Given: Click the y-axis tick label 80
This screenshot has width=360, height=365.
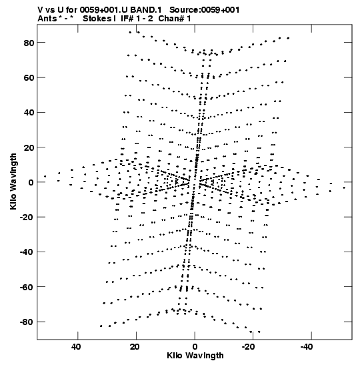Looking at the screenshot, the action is tap(29, 43).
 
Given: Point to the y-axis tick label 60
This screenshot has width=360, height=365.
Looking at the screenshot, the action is tap(29, 78).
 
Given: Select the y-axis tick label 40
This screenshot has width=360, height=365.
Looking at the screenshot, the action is tap(29, 113).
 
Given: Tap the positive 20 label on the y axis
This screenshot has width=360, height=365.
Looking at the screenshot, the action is tap(29, 147).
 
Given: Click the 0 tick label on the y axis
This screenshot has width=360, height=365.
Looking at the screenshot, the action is tap(31, 183).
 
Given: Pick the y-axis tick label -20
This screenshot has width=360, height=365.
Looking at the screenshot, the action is tap(27, 218).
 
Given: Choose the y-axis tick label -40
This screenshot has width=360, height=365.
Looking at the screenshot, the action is tap(27, 252).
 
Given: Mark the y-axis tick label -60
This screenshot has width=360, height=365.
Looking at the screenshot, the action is tap(27, 287).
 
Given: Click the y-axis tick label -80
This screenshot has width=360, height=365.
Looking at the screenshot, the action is tap(27, 322).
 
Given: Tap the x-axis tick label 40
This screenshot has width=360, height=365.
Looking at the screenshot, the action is tap(76, 347).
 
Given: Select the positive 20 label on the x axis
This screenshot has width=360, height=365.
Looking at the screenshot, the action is tap(135, 347).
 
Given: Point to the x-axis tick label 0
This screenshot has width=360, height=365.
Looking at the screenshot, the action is tap(195, 347).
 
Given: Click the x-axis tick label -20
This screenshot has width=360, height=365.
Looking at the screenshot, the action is tap(249, 347).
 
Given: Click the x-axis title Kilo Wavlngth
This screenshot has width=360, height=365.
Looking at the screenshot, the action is tap(195, 356).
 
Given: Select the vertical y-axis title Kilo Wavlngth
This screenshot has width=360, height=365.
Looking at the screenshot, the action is tap(13, 181).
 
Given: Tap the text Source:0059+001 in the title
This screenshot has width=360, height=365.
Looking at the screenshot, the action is tap(205, 10).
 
